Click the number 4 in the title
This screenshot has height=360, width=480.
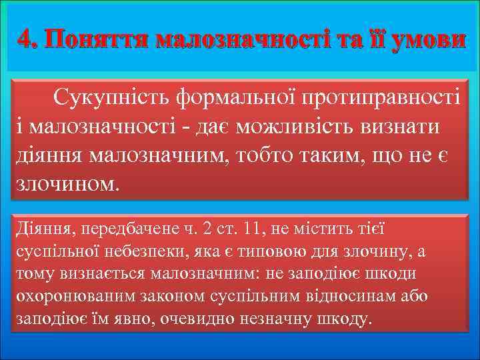click(24, 40)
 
